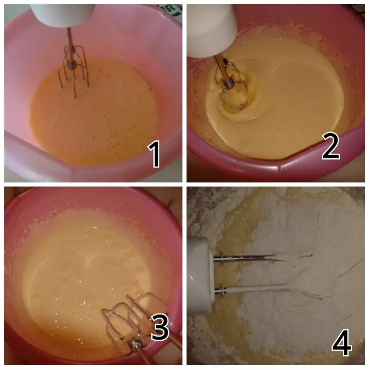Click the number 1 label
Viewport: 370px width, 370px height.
click(x=154, y=154)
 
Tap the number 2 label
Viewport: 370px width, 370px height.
click(x=331, y=145)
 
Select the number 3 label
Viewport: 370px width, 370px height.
click(x=160, y=327)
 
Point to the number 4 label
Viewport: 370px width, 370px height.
click(x=341, y=342)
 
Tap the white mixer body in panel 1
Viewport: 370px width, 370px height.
click(x=63, y=14)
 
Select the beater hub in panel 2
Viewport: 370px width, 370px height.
click(x=228, y=83)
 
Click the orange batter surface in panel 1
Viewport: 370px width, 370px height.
click(x=95, y=113)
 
